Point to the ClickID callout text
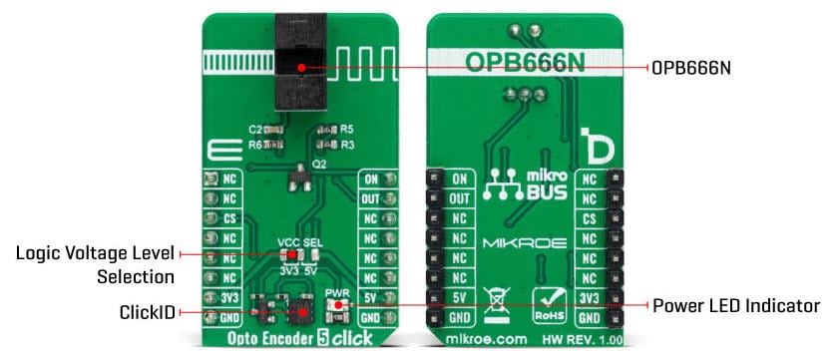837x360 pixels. [147, 313]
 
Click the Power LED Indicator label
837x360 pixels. [736, 305]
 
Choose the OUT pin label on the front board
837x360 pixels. [371, 198]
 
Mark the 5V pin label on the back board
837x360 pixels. [460, 296]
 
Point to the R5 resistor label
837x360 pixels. [347, 129]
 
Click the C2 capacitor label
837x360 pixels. [254, 131]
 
